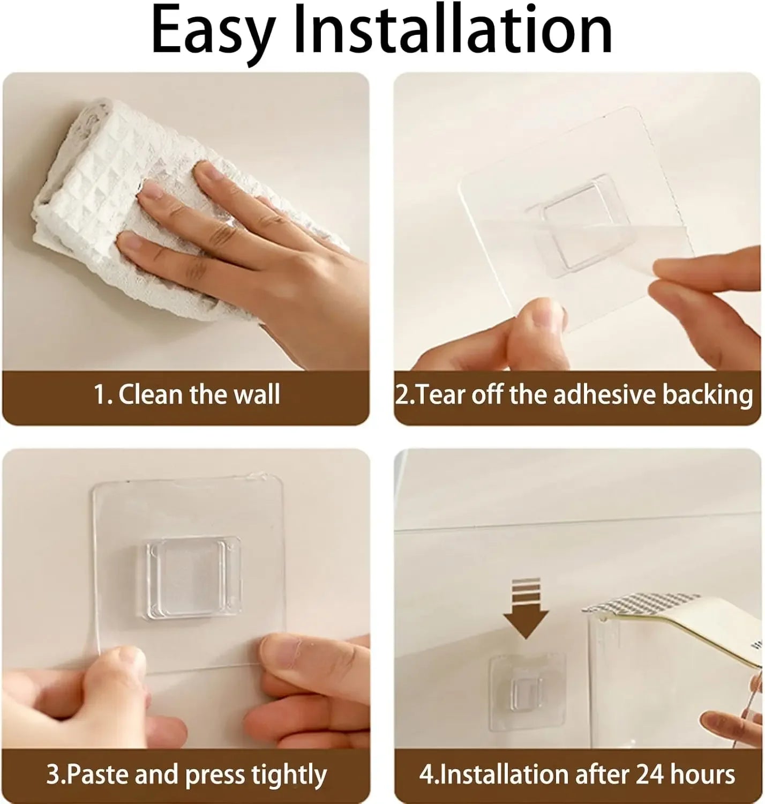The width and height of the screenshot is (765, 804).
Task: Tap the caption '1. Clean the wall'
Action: (x=187, y=395)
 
